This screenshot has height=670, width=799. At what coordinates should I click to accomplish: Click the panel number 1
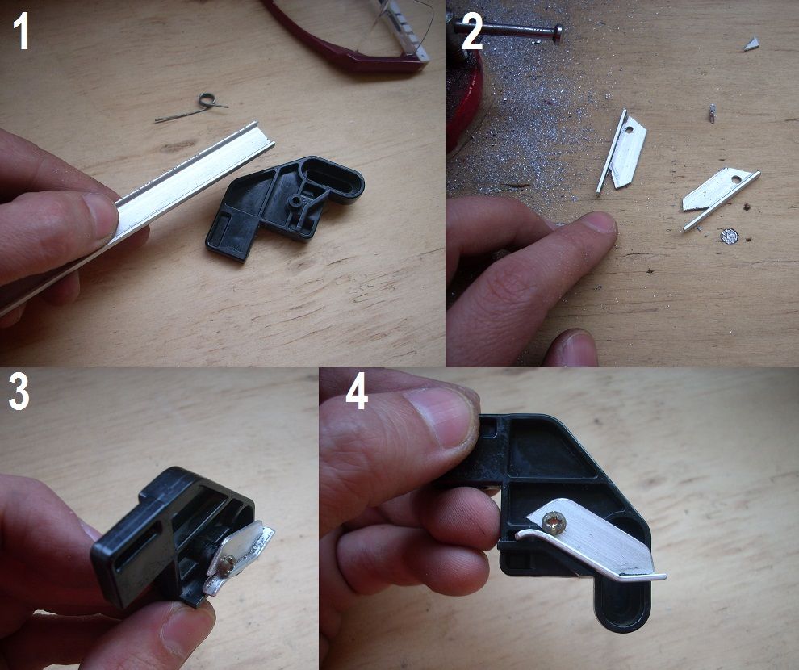(x=21, y=31)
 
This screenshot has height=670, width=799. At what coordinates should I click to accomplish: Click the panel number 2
(x=471, y=31)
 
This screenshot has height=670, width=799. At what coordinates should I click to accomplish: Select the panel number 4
(x=357, y=392)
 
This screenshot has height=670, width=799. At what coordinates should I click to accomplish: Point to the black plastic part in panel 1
(x=286, y=207)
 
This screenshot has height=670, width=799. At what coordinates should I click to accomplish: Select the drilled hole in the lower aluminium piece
(x=734, y=180)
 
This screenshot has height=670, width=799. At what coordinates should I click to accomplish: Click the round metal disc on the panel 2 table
(x=730, y=236)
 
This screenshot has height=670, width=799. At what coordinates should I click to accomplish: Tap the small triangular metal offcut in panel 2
(x=751, y=44)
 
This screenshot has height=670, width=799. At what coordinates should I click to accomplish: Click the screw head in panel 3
(x=228, y=563)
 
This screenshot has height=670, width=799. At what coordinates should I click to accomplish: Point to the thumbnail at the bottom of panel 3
(x=185, y=630)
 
